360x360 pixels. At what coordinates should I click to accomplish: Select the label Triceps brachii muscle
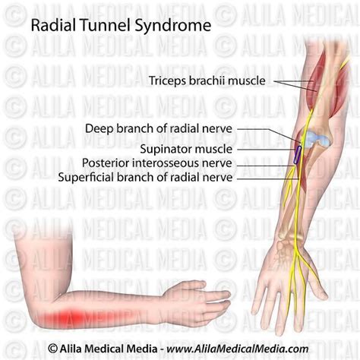[x=207, y=81]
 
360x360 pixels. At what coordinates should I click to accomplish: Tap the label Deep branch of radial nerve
[x=159, y=128]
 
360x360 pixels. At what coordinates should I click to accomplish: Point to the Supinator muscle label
[x=186, y=149]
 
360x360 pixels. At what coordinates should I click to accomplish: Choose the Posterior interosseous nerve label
[x=157, y=163]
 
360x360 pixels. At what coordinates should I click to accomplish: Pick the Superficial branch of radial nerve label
[x=145, y=177]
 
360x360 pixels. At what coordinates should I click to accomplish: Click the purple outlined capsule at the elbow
[x=297, y=155]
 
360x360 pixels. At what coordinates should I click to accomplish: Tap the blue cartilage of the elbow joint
[x=317, y=140]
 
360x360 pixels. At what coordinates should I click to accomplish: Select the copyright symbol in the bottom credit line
[x=52, y=349]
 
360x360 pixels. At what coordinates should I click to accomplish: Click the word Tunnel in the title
[x=106, y=25]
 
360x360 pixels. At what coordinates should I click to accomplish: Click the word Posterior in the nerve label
[x=106, y=163]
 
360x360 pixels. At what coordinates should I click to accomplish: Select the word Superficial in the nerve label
[x=86, y=177]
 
